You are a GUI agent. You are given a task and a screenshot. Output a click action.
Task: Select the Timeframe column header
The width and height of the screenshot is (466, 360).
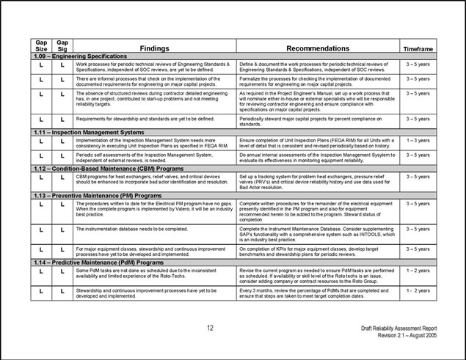tap(418, 48)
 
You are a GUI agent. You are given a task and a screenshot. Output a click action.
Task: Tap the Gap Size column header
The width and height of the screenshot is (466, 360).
tap(43, 45)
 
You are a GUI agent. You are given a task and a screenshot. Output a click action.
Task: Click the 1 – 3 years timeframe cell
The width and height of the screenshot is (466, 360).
tap(418, 139)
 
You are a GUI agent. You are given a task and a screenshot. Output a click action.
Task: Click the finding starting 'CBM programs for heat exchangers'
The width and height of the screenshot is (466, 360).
tap(153, 179)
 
